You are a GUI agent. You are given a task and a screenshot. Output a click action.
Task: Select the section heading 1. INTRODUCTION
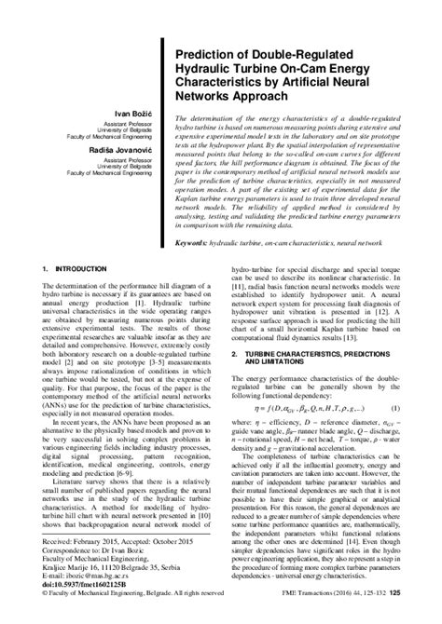pos(76,294)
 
